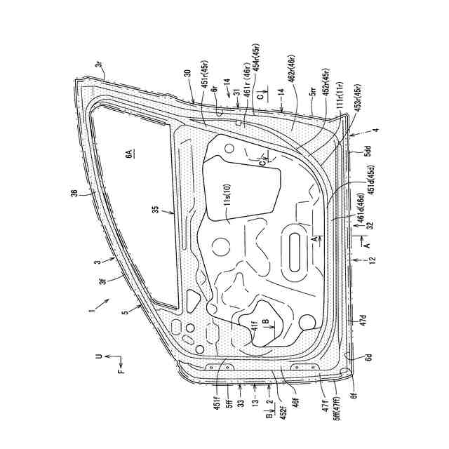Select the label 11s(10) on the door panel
(227, 192)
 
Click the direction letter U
(98, 357)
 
